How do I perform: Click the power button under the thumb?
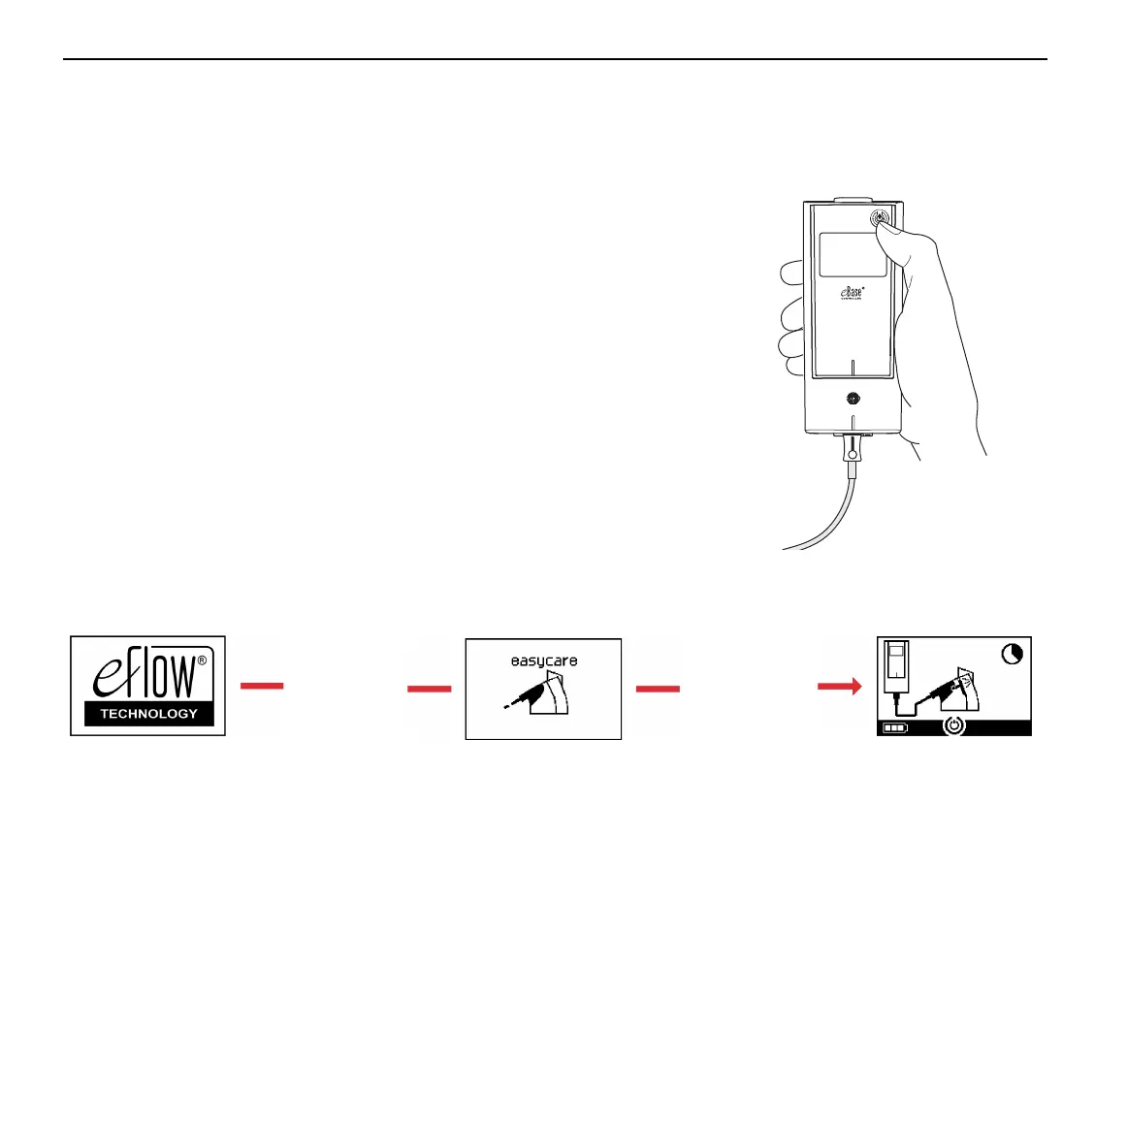878,218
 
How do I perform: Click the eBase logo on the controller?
852,291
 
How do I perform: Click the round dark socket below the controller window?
853,398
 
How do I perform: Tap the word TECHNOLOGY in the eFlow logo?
148,714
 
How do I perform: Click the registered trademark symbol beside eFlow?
202,660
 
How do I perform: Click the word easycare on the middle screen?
544,661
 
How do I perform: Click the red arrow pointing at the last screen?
839,687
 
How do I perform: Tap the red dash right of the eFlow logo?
262,686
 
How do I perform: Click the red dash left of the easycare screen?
429,689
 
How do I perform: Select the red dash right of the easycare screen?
658,689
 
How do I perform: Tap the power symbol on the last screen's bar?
955,725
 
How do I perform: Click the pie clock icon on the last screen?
1012,655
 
